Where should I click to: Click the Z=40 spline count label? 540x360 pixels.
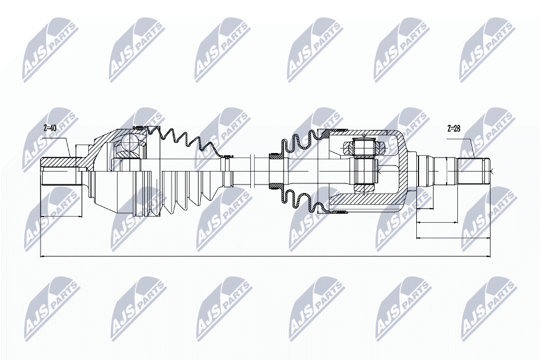(50, 128)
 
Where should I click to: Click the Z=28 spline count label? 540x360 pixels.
(453, 128)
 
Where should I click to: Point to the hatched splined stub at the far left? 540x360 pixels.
(58, 163)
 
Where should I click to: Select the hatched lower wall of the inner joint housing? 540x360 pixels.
(366, 199)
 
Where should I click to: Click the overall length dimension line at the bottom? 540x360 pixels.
(264, 256)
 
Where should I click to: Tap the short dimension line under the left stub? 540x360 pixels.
(61, 214)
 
